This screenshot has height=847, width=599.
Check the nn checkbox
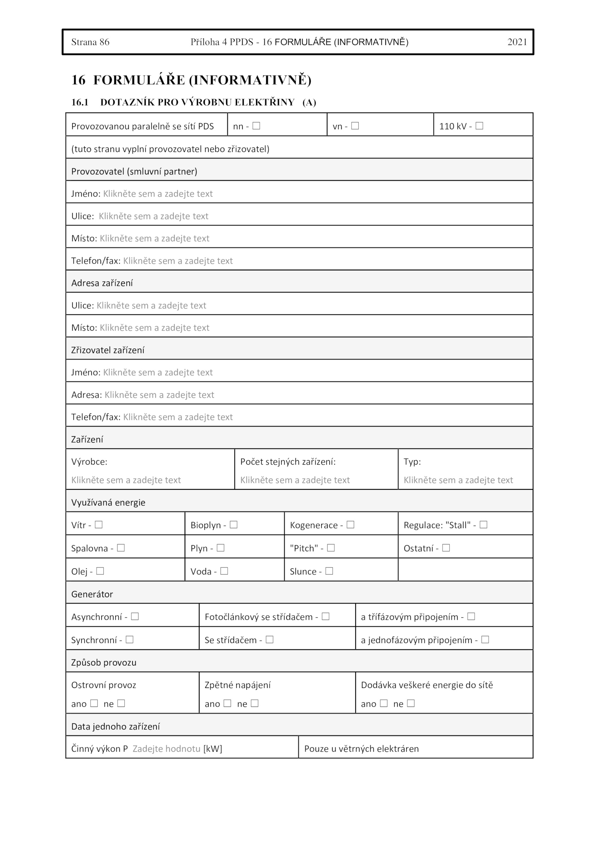[256, 126]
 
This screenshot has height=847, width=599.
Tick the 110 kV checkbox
[479, 126]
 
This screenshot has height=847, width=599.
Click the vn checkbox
[355, 126]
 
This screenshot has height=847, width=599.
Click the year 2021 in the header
[517, 42]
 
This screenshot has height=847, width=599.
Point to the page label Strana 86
[90, 42]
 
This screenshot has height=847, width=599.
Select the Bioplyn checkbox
[234, 525]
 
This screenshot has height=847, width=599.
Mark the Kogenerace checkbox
[350, 525]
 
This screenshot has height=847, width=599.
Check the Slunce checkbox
[329, 571]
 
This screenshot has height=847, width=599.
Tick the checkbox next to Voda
[224, 571]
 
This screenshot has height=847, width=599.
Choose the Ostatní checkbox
[446, 548]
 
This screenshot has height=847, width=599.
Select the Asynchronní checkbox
[135, 616]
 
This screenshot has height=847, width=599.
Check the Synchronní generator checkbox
[130, 640]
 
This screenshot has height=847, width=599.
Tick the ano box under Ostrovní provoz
[94, 703]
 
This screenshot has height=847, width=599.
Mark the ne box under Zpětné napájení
[255, 703]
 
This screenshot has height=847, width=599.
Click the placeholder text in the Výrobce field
[126, 480]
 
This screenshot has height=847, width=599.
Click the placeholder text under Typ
[458, 480]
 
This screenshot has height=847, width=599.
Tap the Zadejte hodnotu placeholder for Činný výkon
[167, 749]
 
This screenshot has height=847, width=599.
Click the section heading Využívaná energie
[108, 503]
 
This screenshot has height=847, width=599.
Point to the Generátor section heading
[92, 594]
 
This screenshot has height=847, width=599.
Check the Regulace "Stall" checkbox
[483, 525]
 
